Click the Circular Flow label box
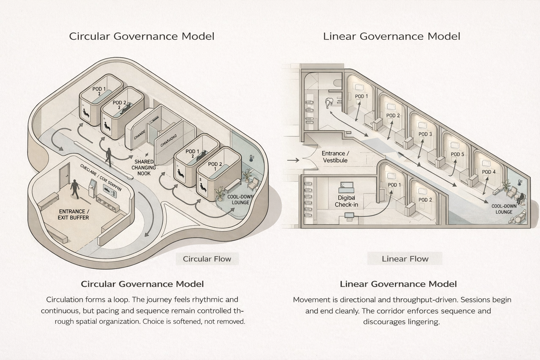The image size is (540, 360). click(x=207, y=259)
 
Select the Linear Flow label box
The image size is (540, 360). click(x=405, y=259)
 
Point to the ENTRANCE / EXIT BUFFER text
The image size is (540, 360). click(x=73, y=214)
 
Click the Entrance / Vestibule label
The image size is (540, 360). click(x=335, y=157)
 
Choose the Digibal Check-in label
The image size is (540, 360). click(x=346, y=201)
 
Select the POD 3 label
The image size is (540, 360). click(x=425, y=134)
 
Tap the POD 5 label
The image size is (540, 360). click(x=457, y=154)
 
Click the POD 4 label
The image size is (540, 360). click(x=489, y=172)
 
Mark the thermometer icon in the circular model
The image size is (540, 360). click(x=251, y=158)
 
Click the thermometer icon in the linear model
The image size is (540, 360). click(x=520, y=182)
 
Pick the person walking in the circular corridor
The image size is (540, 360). click(x=109, y=157)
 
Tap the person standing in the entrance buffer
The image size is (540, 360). click(x=75, y=189)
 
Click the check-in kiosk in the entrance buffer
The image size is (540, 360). click(x=92, y=188)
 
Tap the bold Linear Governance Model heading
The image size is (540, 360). click(x=398, y=284)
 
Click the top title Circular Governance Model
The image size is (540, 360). click(x=142, y=36)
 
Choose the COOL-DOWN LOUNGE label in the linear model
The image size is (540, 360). click(x=504, y=209)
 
